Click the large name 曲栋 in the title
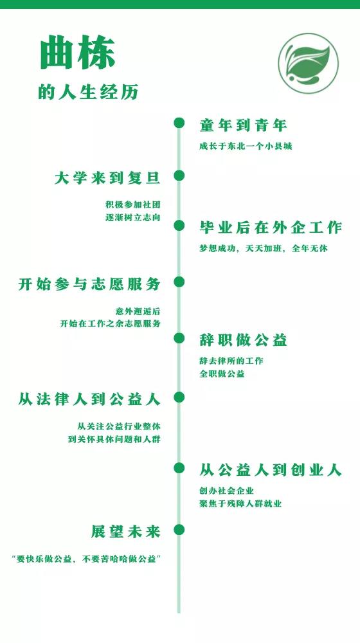78,53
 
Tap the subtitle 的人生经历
88,92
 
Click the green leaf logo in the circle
309,63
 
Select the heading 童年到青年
243,125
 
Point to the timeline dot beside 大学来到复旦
179,176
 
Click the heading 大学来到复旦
107,178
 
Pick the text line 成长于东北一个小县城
246,147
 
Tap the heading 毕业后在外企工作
271,228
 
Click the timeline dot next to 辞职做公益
179,338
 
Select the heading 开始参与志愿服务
89,284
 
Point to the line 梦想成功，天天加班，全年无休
264,248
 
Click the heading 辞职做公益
243,340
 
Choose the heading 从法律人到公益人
89,399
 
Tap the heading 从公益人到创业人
271,470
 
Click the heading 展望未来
125,532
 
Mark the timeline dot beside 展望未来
179,529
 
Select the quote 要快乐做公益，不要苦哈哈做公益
86,559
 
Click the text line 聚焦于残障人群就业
240,503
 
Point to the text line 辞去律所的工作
231,361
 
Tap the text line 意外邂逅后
138,311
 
